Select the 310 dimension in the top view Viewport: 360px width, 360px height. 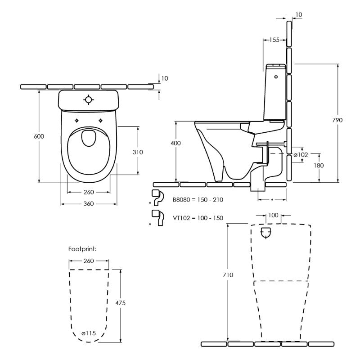click(138, 152)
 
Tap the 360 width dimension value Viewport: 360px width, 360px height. click(88, 204)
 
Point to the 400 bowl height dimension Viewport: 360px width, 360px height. click(175, 143)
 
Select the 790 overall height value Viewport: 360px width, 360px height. click(337, 120)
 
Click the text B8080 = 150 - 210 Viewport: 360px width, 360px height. click(198, 199)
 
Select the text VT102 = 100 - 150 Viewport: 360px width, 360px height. click(198, 218)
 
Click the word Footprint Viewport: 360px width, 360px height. click(82, 249)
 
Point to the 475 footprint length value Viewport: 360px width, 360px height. click(120, 303)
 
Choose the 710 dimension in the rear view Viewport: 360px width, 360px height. click(228, 274)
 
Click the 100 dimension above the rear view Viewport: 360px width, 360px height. click(273, 215)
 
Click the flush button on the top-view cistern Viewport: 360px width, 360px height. click(89, 100)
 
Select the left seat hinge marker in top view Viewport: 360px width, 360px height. click(77, 120)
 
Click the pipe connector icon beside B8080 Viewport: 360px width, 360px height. click(156, 197)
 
